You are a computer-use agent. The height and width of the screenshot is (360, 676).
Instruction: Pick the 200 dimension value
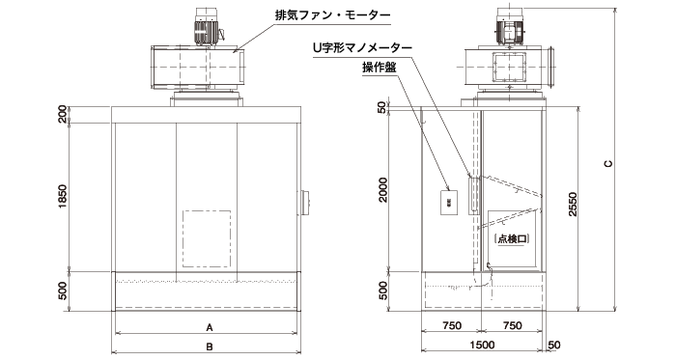point(63,115)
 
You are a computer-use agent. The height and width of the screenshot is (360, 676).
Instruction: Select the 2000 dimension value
point(383,190)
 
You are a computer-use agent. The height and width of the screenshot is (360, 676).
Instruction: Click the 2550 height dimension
point(574,205)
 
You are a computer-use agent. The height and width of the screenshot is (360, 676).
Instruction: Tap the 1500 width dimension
point(483,345)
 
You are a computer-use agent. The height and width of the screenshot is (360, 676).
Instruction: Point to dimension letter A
point(209,327)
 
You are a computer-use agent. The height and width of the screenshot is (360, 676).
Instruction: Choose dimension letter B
point(209,345)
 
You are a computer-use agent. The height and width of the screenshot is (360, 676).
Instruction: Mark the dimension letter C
point(608,164)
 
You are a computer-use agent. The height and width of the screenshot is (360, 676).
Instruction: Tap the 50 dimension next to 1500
point(553,345)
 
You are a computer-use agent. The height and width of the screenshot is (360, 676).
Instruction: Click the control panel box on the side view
point(449,202)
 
